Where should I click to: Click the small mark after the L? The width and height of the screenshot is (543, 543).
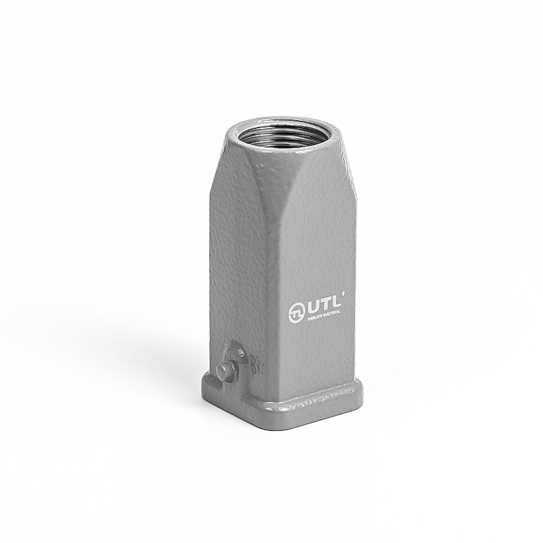pos(343,293)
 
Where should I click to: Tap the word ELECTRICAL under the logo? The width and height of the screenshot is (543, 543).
pos(334,314)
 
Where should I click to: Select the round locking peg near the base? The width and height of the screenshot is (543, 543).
pos(225,371)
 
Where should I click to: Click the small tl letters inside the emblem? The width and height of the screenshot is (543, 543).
pos(296,313)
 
